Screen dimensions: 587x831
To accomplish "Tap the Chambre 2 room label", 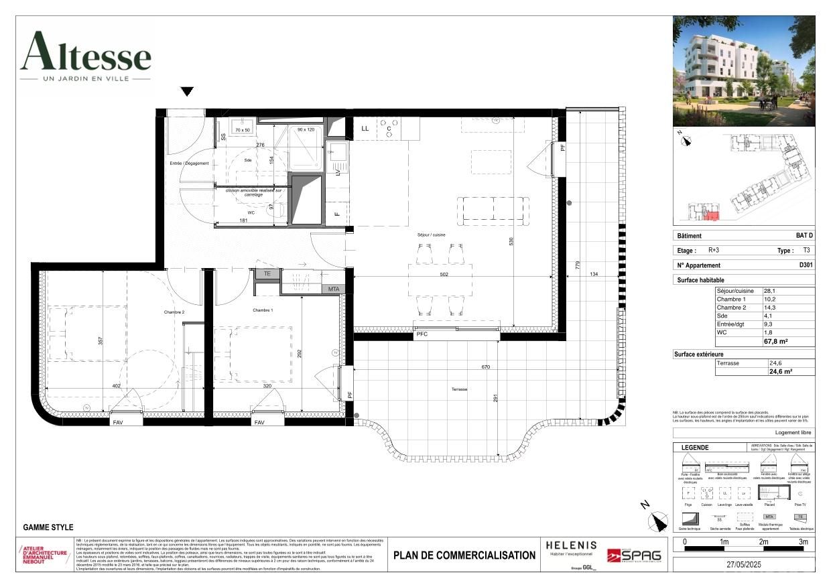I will coord(174,312).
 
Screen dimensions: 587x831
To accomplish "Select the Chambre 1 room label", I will coord(263,310).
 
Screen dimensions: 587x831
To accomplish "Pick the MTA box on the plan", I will coord(333,289).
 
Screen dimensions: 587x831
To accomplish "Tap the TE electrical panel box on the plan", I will coord(267,273).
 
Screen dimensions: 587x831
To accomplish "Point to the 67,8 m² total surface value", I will coord(776,341).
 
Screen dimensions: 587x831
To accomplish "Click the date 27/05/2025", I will coord(743,564).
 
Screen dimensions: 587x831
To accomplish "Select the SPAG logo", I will coord(633,556).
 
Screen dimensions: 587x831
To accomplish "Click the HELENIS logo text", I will coord(571,545).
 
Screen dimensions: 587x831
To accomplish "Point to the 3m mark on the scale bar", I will coord(803,541).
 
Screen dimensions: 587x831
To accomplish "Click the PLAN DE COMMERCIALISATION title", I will coord(464,555).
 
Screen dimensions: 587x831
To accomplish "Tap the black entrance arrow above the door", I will coord(187,92).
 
